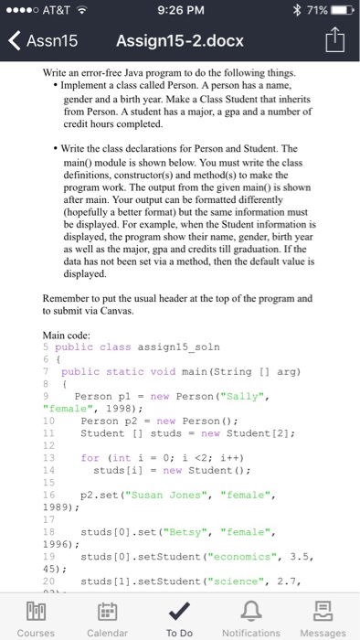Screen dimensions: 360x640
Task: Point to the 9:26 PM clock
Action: pos(179,11)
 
